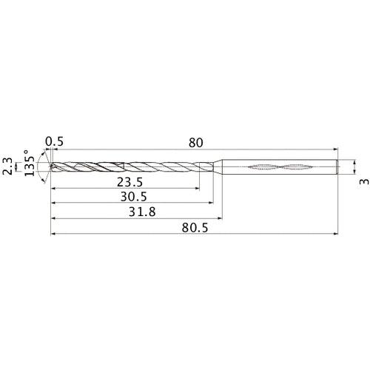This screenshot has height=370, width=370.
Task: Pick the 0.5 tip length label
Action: click(53, 142)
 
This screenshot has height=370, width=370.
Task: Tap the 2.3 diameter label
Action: click(7, 167)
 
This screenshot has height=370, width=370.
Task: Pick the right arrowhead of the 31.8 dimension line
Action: click(221, 219)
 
